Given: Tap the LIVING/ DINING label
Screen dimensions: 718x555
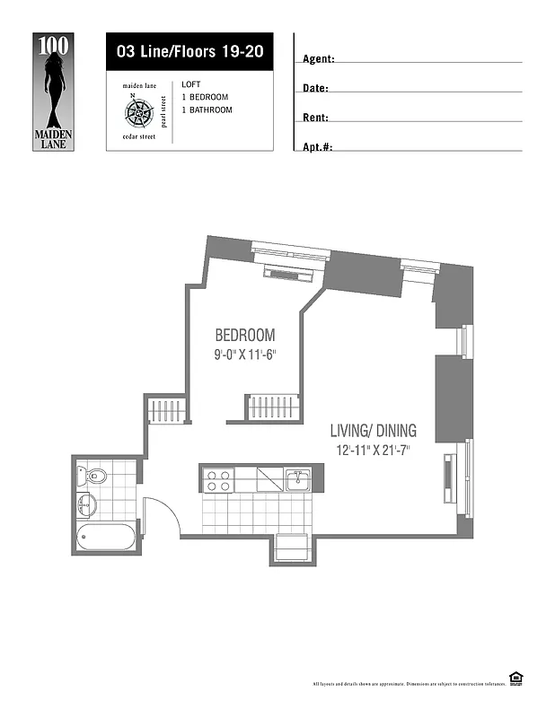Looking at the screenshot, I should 373,431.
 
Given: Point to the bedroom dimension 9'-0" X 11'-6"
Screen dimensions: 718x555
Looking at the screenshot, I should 245,355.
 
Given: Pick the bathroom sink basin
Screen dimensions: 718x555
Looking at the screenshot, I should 85,504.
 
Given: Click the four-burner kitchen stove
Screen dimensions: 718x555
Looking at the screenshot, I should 218,480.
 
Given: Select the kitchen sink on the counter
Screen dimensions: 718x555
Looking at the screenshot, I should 297,480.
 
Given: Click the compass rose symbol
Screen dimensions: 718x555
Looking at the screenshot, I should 138,112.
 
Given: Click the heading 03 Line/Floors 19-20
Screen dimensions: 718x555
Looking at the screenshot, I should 189,51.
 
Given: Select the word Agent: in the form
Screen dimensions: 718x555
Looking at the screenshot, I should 318,59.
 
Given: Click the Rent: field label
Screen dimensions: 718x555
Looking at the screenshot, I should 315,118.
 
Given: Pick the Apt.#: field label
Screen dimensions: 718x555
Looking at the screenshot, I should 317,146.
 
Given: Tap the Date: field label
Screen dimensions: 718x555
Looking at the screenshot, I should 315,89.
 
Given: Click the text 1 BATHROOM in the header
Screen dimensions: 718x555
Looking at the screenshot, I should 207,109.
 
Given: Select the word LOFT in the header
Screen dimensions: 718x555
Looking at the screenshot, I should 190,83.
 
